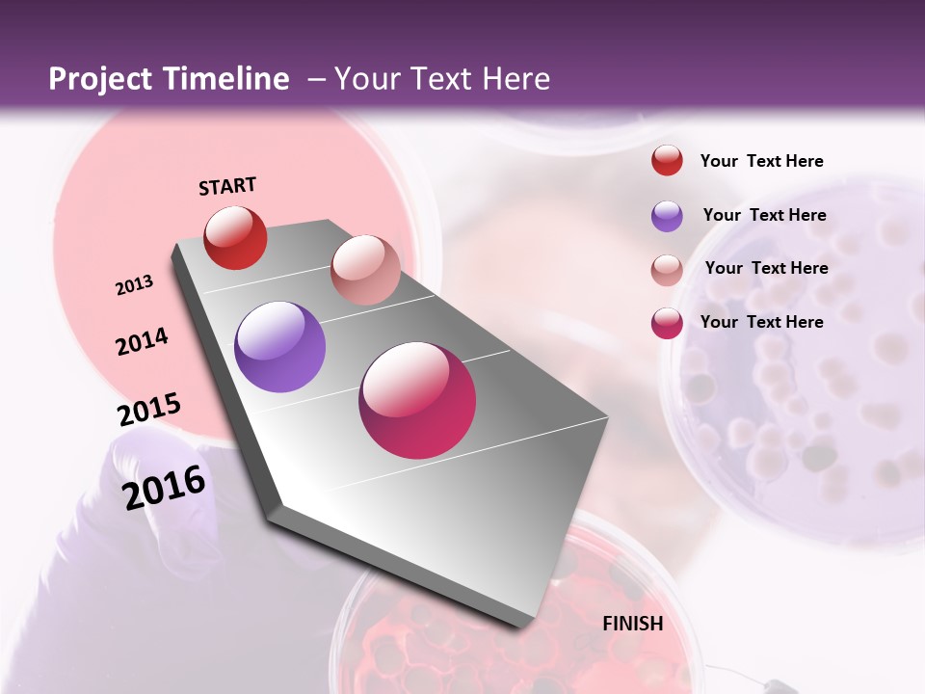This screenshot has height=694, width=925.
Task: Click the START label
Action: pyautogui.click(x=227, y=186)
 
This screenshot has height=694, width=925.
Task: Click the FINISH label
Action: pyautogui.click(x=632, y=624)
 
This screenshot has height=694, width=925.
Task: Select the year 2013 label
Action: pyautogui.click(x=134, y=285)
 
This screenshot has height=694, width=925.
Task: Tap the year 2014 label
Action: pyautogui.click(x=142, y=342)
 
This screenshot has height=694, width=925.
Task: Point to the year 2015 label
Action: pyautogui.click(x=148, y=410)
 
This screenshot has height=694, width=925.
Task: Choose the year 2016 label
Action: pyautogui.click(x=164, y=488)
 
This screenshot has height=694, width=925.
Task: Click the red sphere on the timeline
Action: pyautogui.click(x=235, y=237)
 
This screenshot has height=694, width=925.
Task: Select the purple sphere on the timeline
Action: pyautogui.click(x=279, y=347)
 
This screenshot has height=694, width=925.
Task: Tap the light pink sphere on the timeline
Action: pyautogui.click(x=365, y=270)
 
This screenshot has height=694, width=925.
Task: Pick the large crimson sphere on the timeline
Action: pyautogui.click(x=417, y=400)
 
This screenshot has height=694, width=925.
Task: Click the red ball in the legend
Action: pyautogui.click(x=667, y=160)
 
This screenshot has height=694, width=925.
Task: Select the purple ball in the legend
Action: pyautogui.click(x=667, y=216)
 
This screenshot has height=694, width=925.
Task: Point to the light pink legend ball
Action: pyautogui.click(x=667, y=270)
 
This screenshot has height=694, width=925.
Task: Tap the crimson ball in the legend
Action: pyautogui.click(x=667, y=323)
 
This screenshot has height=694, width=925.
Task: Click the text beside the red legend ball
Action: pyautogui.click(x=761, y=161)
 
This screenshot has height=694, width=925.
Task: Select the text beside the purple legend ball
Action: pyautogui.click(x=764, y=215)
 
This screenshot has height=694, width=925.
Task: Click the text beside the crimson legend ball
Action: pyautogui.click(x=761, y=322)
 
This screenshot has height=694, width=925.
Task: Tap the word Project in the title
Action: pyautogui.click(x=99, y=79)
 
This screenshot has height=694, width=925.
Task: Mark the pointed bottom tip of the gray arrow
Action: pyautogui.click(x=528, y=627)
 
